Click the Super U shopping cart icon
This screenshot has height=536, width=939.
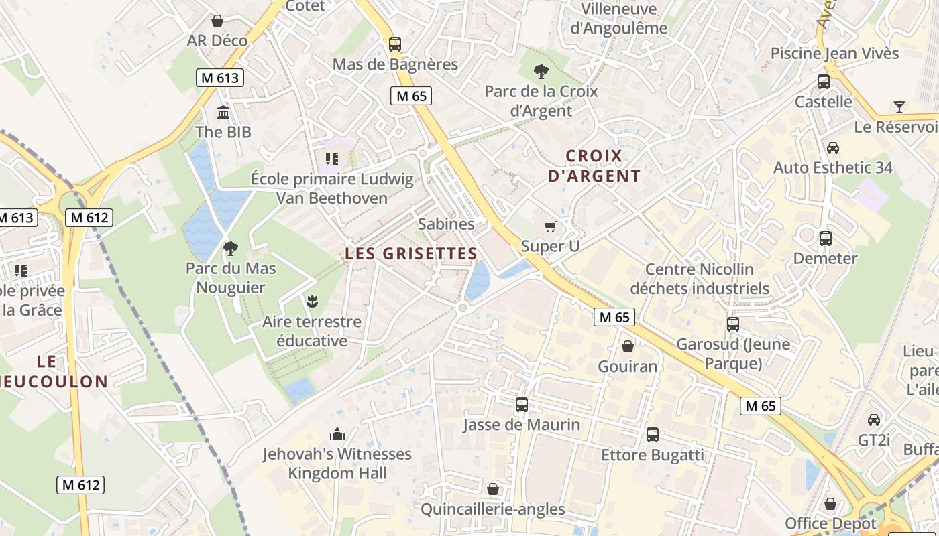pyautogui.click(x=551, y=227)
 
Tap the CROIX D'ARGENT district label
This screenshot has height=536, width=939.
pyautogui.click(x=594, y=166)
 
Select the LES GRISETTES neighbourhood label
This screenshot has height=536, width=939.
pyautogui.click(x=410, y=254)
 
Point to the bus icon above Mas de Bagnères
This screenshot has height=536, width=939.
pyautogui.click(x=395, y=44)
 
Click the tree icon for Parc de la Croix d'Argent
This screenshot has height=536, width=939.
pyautogui.click(x=541, y=71)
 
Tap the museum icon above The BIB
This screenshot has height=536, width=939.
pyautogui.click(x=223, y=112)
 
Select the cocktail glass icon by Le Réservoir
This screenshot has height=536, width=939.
pyautogui.click(x=899, y=107)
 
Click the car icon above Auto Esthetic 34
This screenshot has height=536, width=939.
pyautogui.click(x=833, y=148)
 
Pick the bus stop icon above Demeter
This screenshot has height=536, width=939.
pyautogui.click(x=825, y=239)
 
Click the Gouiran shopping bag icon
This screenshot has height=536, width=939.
pyautogui.click(x=628, y=346)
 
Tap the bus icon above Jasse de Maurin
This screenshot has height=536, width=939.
pyautogui.click(x=521, y=405)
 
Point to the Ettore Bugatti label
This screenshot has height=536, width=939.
pyautogui.click(x=652, y=456)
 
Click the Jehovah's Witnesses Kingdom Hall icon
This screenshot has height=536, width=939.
pyautogui.click(x=337, y=434)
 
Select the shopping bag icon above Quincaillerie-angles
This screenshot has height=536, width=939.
pyautogui.click(x=493, y=489)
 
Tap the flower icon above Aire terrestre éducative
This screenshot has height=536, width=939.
pyautogui.click(x=311, y=301)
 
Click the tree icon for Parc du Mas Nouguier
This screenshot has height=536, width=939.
pyautogui.click(x=231, y=249)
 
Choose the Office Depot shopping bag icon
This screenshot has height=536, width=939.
pyautogui.click(x=830, y=504)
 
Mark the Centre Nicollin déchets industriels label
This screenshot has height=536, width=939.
pyautogui.click(x=700, y=279)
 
